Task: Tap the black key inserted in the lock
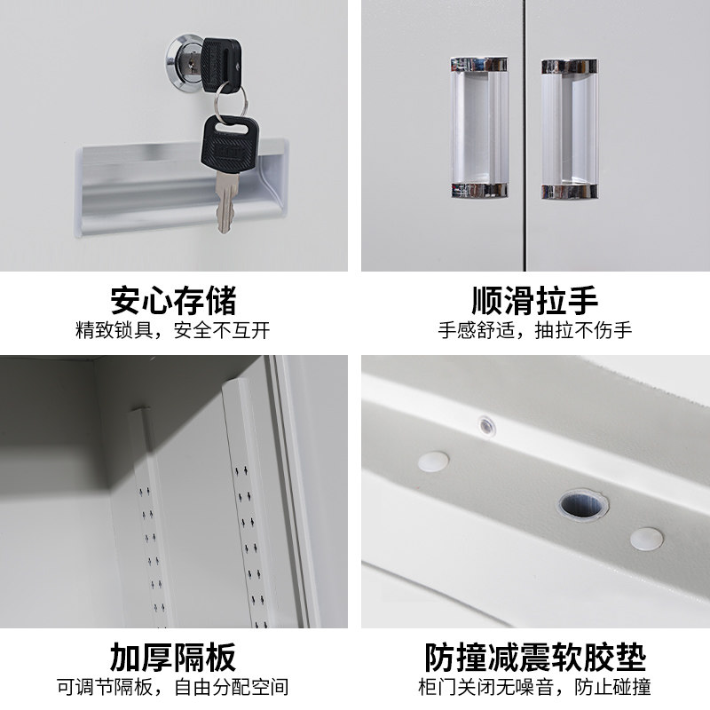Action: [221, 65]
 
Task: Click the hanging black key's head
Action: [230, 145]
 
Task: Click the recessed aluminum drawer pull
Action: [181, 188]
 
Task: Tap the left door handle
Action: [479, 128]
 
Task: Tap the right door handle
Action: [569, 129]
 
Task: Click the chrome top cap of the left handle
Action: [479, 64]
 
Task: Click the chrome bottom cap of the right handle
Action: [569, 192]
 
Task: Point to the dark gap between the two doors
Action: [525, 136]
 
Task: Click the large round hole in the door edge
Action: [582, 505]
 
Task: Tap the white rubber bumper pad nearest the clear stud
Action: [433, 461]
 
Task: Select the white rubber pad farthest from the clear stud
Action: [647, 539]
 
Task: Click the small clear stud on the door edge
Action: [486, 426]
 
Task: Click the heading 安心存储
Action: [173, 300]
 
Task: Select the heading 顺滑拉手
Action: [535, 300]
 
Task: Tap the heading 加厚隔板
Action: [173, 657]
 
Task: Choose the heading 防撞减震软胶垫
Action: [535, 657]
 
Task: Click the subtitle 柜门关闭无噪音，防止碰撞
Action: [535, 687]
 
